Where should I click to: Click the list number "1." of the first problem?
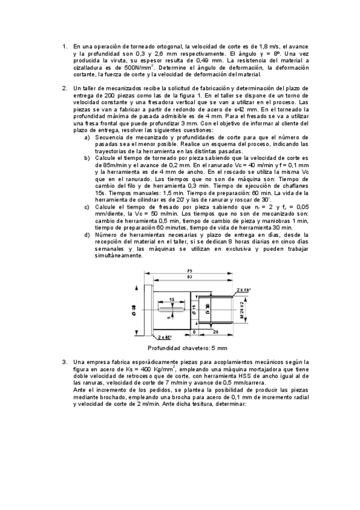[65, 46]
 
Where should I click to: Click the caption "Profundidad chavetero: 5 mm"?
[188, 348]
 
